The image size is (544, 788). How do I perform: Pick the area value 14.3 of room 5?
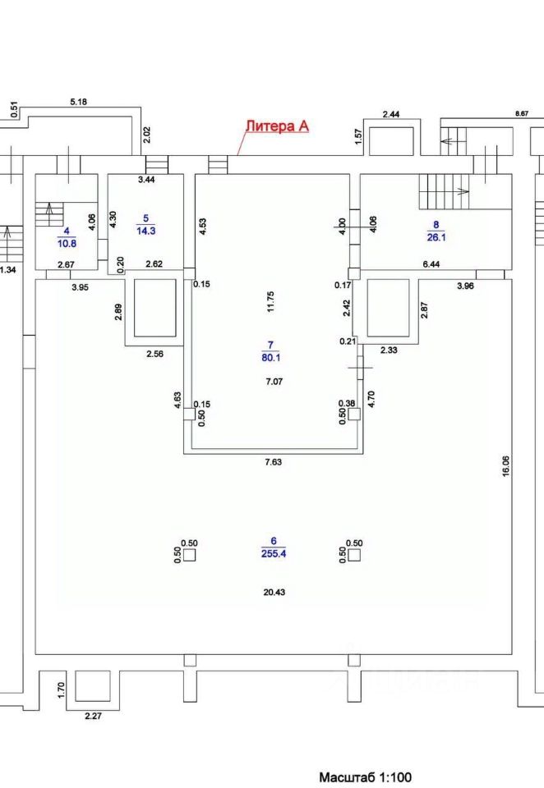(148, 230)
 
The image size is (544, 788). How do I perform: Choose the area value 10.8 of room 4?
(67, 244)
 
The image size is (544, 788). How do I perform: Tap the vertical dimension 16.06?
(506, 466)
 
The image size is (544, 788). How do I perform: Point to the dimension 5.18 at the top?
(79, 101)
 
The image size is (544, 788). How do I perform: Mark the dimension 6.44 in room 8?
(431, 263)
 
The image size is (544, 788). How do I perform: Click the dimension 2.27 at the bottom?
(94, 715)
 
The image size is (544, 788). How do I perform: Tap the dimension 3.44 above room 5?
(146, 178)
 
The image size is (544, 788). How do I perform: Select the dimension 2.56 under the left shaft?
(154, 354)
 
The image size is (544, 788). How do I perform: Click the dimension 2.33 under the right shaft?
(390, 350)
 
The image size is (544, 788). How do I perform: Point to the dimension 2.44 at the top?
(391, 114)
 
